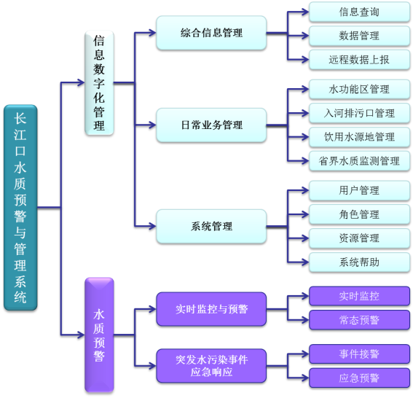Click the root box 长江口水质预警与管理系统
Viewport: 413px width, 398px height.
(x=20, y=208)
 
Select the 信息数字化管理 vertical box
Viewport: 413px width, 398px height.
(x=99, y=83)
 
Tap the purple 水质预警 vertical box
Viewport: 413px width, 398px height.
(x=99, y=335)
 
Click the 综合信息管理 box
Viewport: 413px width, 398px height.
(x=211, y=33)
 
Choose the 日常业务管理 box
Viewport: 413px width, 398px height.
(x=211, y=125)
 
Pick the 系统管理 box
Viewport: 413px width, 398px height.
(x=211, y=226)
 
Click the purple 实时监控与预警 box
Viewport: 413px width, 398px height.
(x=211, y=309)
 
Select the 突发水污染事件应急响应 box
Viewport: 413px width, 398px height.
(x=211, y=366)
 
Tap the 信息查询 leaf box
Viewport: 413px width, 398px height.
(x=359, y=12)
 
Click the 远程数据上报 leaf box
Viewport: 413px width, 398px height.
(x=359, y=60)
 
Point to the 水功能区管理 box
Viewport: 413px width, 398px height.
(x=359, y=90)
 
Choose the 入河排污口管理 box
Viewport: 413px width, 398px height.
(x=359, y=113)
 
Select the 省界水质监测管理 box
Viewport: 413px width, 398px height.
(x=359, y=161)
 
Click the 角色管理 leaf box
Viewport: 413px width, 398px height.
(x=359, y=214)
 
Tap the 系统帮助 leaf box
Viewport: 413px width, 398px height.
(x=359, y=262)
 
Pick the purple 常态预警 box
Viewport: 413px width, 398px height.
(x=359, y=320)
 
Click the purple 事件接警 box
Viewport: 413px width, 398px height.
(x=359, y=354)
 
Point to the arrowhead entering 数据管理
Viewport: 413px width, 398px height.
(x=305, y=36)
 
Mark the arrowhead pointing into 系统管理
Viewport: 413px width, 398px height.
(x=152, y=226)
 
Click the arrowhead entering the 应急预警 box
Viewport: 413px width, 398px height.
(x=305, y=378)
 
